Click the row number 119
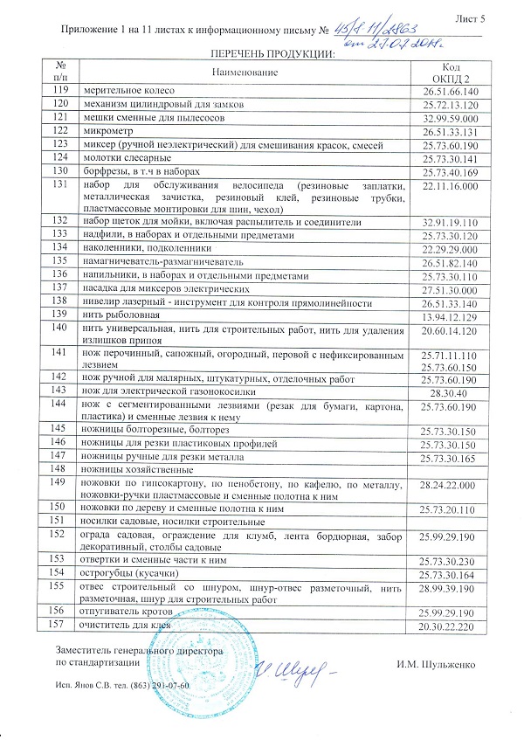[x=60, y=90]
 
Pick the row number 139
[x=60, y=313]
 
